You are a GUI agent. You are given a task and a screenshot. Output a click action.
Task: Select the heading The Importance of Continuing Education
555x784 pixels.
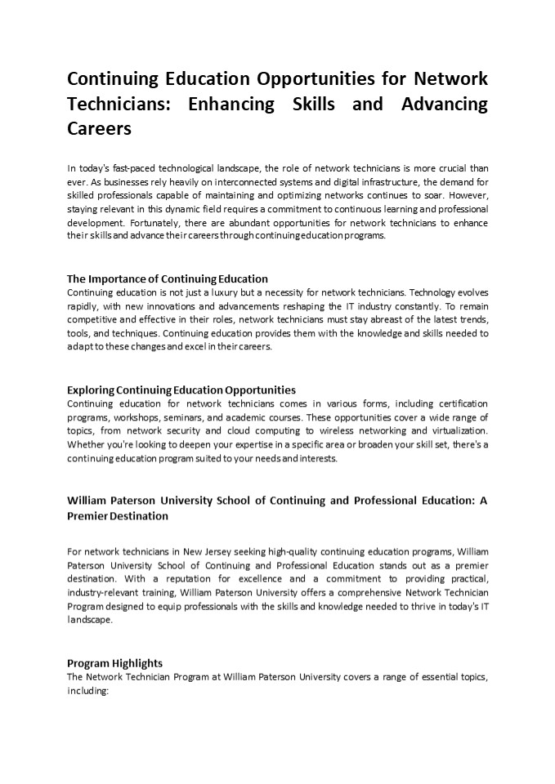click(x=168, y=278)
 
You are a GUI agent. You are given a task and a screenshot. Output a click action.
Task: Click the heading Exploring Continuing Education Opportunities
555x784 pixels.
click(x=181, y=390)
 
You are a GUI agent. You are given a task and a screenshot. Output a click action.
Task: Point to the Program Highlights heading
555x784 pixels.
click(x=114, y=663)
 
